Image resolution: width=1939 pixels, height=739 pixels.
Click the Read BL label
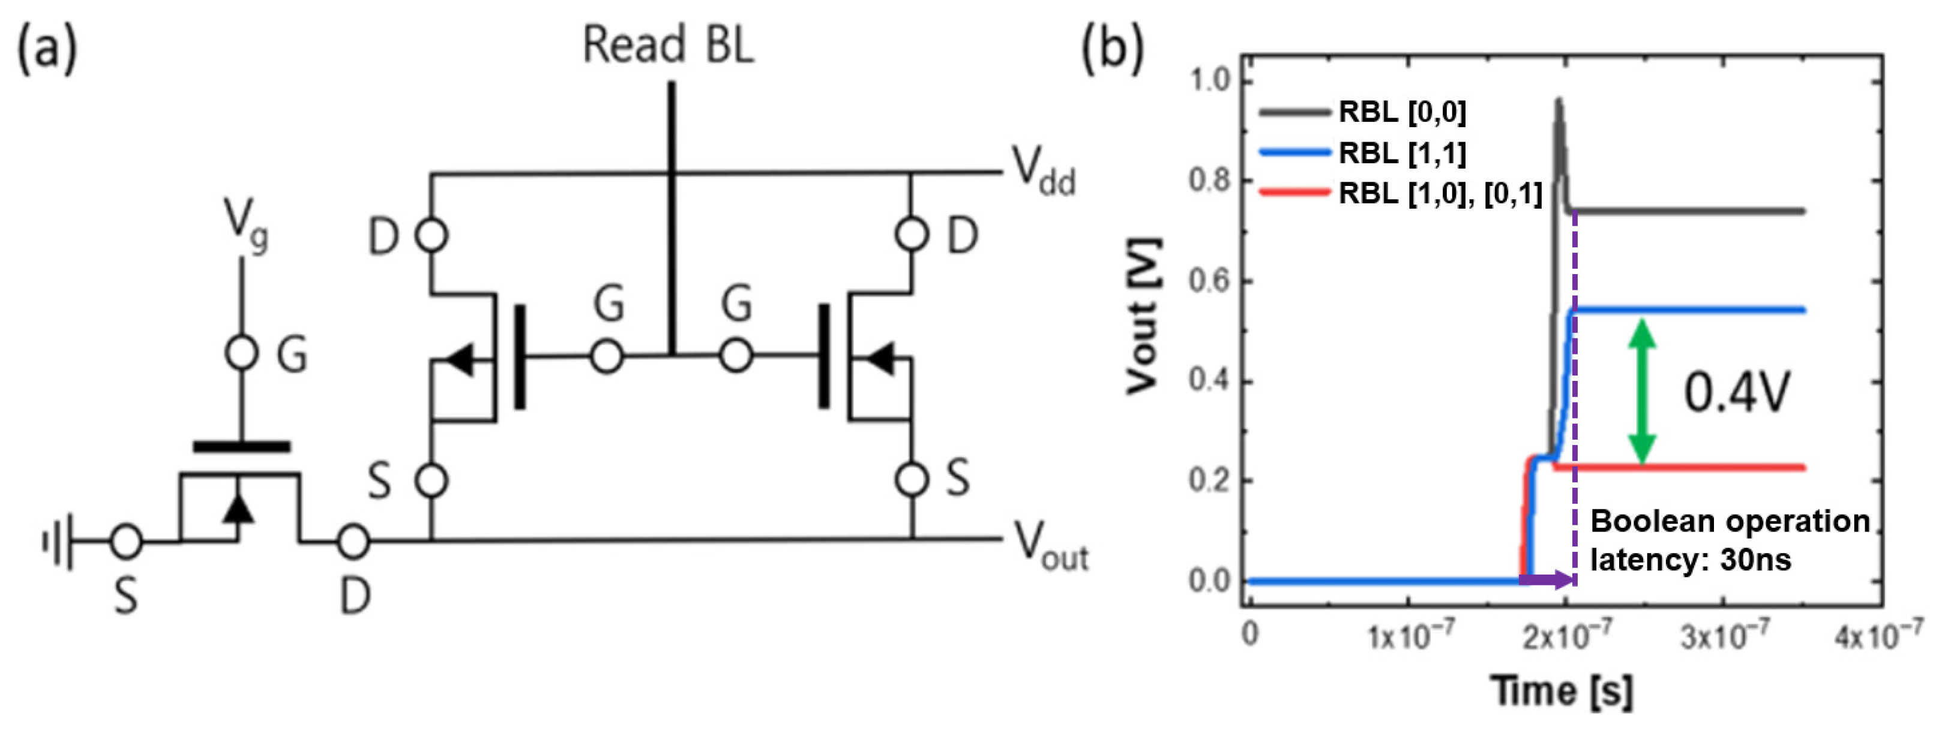pyautogui.click(x=668, y=45)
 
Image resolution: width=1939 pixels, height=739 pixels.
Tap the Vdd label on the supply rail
pyautogui.click(x=1042, y=172)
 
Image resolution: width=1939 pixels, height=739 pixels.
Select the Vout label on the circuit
pyautogui.click(x=1050, y=547)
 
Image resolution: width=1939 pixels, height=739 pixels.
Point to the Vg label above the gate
pyautogui.click(x=245, y=223)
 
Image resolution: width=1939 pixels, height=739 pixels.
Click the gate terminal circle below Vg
pyautogui.click(x=242, y=352)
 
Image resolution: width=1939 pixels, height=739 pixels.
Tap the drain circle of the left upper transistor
pyautogui.click(x=431, y=235)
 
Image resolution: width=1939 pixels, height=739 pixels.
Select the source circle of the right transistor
pyautogui.click(x=912, y=479)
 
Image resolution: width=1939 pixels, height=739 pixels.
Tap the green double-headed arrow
pyautogui.click(x=1642, y=391)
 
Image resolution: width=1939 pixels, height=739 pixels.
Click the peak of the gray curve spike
pyautogui.click(x=1557, y=101)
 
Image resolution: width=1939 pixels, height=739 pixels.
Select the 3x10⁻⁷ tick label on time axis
pyautogui.click(x=1724, y=636)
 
